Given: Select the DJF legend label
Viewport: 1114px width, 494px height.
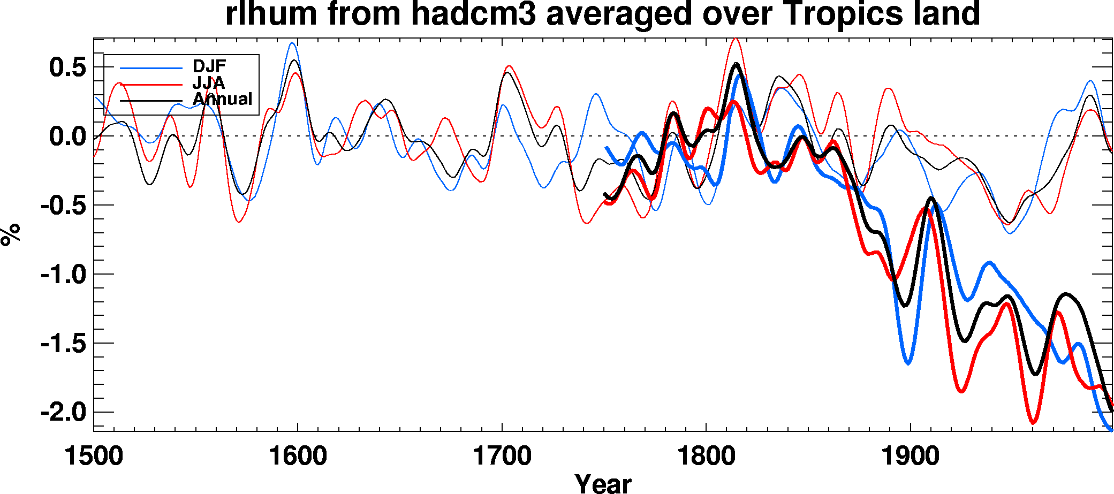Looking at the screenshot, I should (209, 66).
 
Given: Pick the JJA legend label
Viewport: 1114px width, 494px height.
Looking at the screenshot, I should (209, 83).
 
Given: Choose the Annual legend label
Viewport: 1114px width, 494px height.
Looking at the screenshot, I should (222, 99).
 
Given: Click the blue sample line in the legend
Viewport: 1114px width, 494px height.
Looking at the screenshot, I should (151, 68).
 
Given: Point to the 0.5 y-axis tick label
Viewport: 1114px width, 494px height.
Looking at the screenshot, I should (67, 67).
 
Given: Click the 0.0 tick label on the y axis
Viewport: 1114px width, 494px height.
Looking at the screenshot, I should (67, 136).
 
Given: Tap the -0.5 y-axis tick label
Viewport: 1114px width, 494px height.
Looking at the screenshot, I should (63, 206).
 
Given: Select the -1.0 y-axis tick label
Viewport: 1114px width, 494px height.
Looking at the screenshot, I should (63, 275).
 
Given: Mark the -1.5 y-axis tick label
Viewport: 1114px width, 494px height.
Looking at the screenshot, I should (63, 344).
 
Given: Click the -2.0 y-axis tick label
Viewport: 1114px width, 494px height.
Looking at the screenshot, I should (63, 413).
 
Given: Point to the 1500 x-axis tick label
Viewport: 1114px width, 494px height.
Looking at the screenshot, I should (94, 457).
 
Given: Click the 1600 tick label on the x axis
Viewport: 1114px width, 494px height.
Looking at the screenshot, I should (298, 457).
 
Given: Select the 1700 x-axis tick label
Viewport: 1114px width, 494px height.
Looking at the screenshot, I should (502, 457).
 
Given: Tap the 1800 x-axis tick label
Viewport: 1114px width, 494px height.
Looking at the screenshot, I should (706, 457).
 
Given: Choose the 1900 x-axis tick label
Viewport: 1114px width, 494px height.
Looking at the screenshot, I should (910, 457).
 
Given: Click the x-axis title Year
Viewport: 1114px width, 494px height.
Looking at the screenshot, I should (603, 483).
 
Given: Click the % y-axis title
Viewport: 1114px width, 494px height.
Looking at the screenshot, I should (11, 234).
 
